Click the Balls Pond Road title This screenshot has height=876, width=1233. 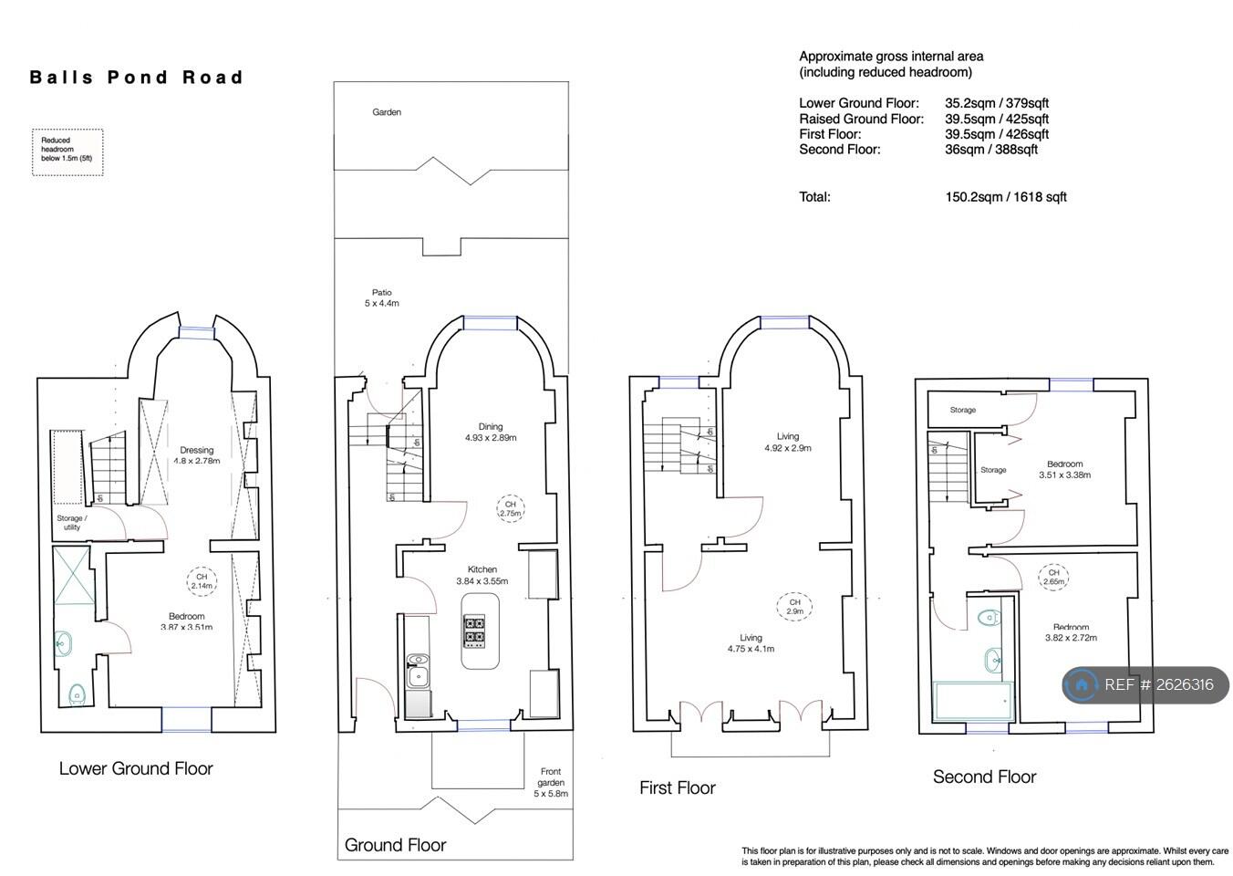click(x=136, y=77)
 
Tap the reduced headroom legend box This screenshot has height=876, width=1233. click(x=67, y=152)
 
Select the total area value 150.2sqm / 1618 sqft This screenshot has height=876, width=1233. click(x=1006, y=197)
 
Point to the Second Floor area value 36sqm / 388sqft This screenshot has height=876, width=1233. click(x=990, y=150)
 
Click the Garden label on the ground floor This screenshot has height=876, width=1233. click(x=387, y=112)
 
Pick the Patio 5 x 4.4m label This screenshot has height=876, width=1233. click(x=381, y=297)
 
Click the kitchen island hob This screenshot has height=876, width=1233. click(x=474, y=631)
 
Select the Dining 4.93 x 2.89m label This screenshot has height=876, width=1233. click(x=491, y=433)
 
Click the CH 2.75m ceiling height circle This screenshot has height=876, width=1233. click(x=511, y=509)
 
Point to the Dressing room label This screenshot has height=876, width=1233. click(x=196, y=455)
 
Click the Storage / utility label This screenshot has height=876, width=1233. click(x=71, y=523)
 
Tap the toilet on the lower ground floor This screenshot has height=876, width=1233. click(x=77, y=694)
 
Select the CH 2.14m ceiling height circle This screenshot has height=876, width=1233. click(x=202, y=581)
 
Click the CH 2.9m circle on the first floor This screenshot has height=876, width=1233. click(x=794, y=607)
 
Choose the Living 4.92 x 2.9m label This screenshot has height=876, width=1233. click(x=788, y=443)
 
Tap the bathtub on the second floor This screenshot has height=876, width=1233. click(x=973, y=701)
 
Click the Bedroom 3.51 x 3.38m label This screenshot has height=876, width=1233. click(x=1064, y=469)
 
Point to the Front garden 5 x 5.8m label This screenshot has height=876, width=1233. click(x=551, y=782)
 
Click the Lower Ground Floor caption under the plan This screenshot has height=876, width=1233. click(x=136, y=768)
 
